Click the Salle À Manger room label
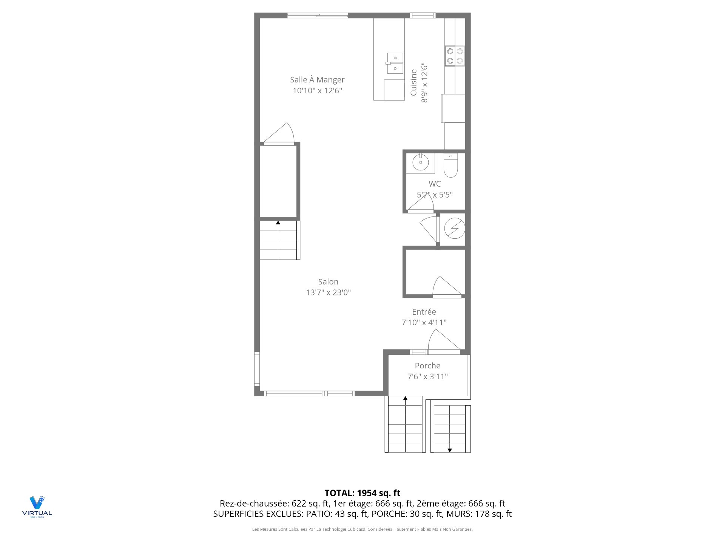(317, 80)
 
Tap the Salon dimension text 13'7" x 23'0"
(328, 292)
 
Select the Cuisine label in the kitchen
(414, 82)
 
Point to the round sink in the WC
(420, 163)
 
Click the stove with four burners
(455, 56)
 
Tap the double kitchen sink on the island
(395, 63)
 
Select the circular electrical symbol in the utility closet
(454, 229)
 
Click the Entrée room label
(424, 312)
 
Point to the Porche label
(427, 366)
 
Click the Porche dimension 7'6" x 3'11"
(427, 377)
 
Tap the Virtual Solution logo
(37, 507)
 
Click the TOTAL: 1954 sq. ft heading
(362, 493)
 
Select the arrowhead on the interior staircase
(278, 223)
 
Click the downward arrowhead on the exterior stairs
(450, 450)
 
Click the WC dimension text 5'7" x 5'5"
(435, 195)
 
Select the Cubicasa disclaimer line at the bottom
(362, 529)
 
